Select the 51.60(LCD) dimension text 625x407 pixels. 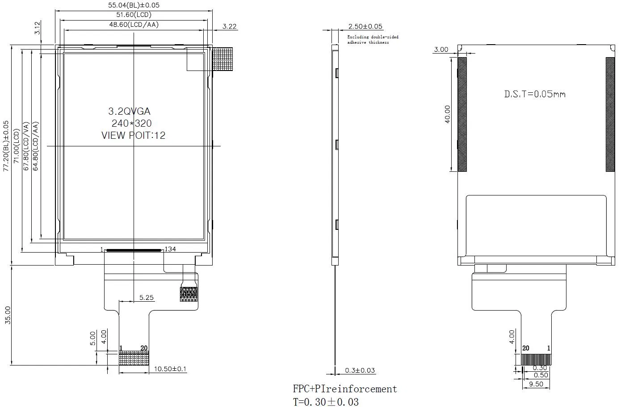tap(134, 15)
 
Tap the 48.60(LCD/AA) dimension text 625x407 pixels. tap(134, 25)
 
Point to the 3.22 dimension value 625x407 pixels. tap(229, 26)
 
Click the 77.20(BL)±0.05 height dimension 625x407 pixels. tap(6, 145)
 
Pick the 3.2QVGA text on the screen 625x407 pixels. tap(129, 112)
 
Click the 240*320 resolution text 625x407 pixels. tap(131, 124)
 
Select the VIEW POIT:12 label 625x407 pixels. tap(133, 135)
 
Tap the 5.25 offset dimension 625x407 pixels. tap(146, 297)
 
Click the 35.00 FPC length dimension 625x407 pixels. tap(8, 315)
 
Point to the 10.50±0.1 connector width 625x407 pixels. tap(170, 369)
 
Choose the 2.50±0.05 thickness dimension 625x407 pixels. tap(365, 27)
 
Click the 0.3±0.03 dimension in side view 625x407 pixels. tap(360, 370)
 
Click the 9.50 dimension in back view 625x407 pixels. tap(536, 384)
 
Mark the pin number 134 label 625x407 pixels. tap(170, 249)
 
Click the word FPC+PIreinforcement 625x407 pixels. tap(344, 389)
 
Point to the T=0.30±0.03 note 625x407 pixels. tap(326, 402)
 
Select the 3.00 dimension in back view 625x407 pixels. tap(441, 50)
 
